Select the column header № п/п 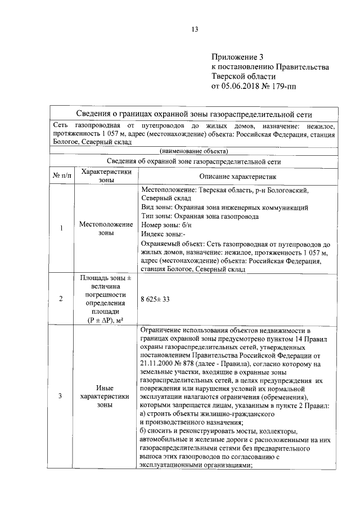(61, 176)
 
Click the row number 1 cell (61, 228)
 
